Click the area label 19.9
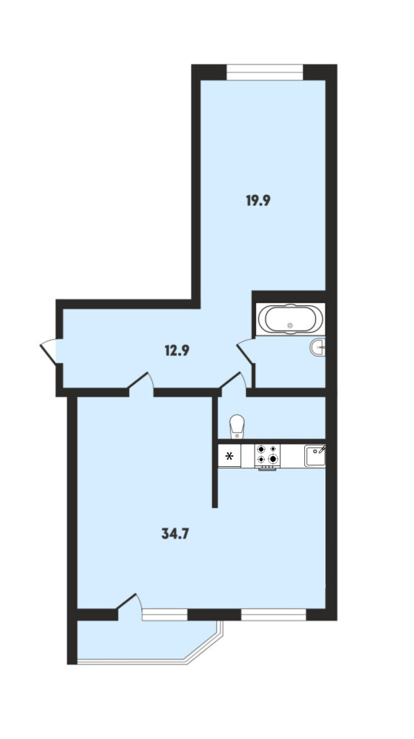point(258,201)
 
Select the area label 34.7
point(175,533)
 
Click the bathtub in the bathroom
point(290,319)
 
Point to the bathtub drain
point(290,325)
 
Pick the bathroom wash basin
point(318,347)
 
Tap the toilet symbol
point(237,426)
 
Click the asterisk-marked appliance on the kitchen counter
point(229,456)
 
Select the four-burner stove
point(267,456)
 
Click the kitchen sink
point(315,456)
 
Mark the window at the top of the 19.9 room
point(265,72)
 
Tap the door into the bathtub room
point(246,352)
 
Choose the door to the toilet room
point(234,381)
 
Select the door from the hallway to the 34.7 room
point(141,381)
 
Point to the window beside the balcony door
point(165,615)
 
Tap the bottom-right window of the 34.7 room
point(273,615)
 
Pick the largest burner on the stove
point(272,458)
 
